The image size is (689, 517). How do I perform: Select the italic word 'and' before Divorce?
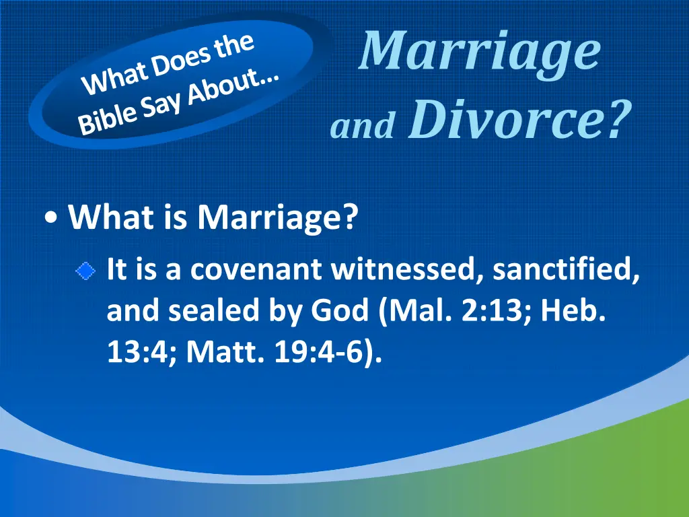pos(363,125)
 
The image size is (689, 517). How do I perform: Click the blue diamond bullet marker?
pos(85,271)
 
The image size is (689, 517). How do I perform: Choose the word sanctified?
pos(566,269)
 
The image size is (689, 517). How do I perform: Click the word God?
pos(339,310)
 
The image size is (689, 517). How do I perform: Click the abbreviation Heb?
pos(573,310)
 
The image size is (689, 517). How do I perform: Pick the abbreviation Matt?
pos(225,352)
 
